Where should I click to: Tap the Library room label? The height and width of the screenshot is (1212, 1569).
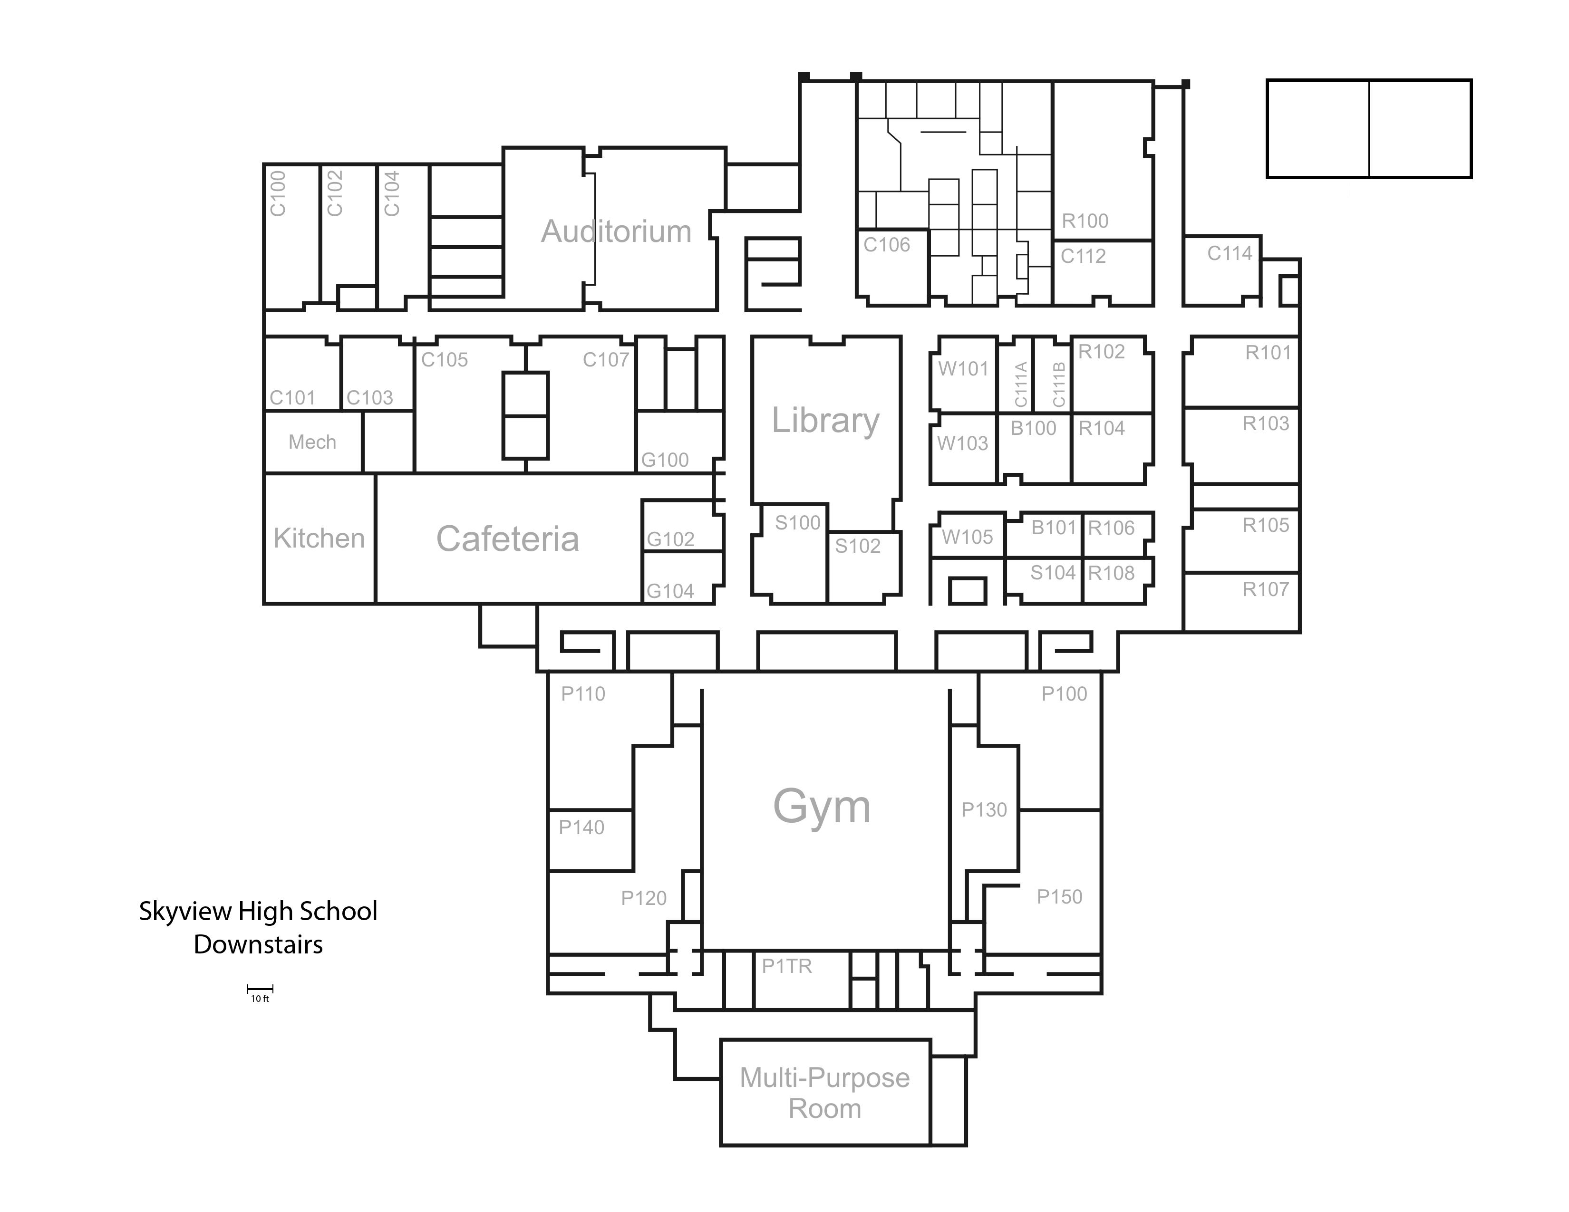click(825, 420)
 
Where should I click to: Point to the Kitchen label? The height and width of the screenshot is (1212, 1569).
click(319, 539)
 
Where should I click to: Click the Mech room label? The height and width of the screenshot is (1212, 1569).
click(312, 442)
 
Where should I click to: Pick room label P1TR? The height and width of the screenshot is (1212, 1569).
click(787, 966)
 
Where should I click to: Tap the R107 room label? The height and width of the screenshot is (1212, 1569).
click(1265, 589)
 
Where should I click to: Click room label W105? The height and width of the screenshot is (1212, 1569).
click(967, 537)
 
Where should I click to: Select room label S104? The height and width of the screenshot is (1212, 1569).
click(1053, 573)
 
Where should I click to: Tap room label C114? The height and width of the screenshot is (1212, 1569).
click(1229, 253)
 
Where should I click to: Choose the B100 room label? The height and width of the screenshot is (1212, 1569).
click(1033, 429)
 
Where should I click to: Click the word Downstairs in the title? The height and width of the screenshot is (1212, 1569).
click(258, 944)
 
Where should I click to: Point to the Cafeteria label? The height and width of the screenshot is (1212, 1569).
click(507, 539)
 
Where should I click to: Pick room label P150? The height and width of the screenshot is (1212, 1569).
click(1059, 897)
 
